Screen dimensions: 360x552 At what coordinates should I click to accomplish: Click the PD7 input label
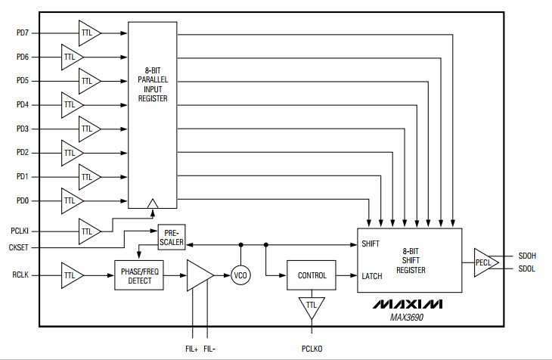pos(23,33)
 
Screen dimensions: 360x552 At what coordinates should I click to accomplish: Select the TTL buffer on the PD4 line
pos(72,104)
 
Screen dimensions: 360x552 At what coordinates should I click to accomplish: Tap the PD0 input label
pos(23,201)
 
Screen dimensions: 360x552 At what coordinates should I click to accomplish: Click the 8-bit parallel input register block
pos(153,113)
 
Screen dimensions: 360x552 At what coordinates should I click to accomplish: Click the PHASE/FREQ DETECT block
pos(140,276)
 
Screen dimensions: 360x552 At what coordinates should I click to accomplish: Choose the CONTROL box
pos(312,276)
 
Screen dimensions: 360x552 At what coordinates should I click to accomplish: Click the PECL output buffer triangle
pos(483,262)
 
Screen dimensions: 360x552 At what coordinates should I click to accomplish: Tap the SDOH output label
pos(528,256)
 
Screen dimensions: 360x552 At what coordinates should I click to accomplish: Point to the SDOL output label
pos(527,269)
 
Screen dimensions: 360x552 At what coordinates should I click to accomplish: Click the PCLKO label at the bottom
pos(312,349)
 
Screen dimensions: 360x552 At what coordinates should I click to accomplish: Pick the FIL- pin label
pos(209,349)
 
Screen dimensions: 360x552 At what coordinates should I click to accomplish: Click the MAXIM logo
pos(408,305)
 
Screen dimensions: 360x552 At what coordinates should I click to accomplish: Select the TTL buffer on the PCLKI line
pos(88,230)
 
